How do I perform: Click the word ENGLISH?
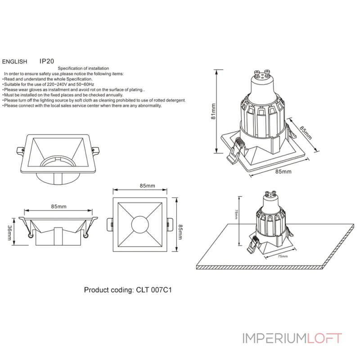[15, 61]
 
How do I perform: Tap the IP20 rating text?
[47, 61]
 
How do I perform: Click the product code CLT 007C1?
[152, 290]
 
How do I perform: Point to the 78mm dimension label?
[235, 214]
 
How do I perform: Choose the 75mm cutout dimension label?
[282, 256]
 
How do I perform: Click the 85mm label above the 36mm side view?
[59, 206]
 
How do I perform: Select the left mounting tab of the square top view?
[110, 224]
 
